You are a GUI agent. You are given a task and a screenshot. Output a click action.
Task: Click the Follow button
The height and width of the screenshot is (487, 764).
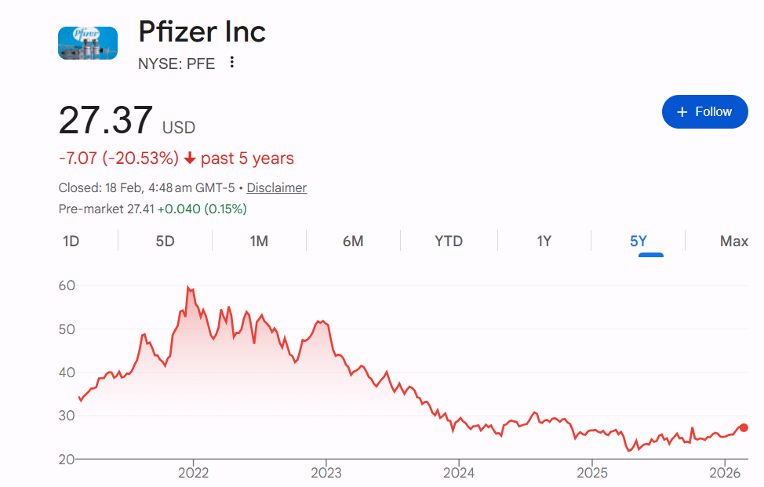pyautogui.click(x=704, y=112)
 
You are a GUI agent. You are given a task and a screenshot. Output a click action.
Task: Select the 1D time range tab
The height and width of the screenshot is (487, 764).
pyautogui.click(x=71, y=242)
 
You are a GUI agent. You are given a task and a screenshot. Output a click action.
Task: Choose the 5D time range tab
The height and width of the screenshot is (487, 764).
pyautogui.click(x=165, y=242)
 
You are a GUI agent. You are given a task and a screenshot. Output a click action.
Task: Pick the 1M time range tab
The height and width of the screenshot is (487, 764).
pyautogui.click(x=259, y=242)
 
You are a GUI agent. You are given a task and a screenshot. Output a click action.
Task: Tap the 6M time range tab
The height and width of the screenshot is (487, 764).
pyautogui.click(x=353, y=242)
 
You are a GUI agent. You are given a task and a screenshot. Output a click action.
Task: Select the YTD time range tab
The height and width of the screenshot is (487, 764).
pyautogui.click(x=449, y=242)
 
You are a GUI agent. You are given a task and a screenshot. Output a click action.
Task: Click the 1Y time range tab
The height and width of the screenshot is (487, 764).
pyautogui.click(x=544, y=242)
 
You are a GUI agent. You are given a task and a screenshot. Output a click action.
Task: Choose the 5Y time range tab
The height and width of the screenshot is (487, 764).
pyautogui.click(x=638, y=242)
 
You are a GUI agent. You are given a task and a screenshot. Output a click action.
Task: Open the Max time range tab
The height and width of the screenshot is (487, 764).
pyautogui.click(x=733, y=242)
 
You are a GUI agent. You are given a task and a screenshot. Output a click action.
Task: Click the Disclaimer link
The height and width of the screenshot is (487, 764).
pyautogui.click(x=277, y=188)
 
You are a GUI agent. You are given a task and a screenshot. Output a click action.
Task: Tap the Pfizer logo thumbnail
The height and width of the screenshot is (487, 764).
pyautogui.click(x=88, y=43)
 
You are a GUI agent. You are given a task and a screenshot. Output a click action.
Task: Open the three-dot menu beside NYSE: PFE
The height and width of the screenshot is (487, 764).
pyautogui.click(x=231, y=63)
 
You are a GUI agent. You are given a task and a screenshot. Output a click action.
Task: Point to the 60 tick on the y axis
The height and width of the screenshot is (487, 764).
pyautogui.click(x=67, y=285)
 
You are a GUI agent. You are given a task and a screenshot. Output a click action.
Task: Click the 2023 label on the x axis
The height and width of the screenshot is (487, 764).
pyautogui.click(x=326, y=473)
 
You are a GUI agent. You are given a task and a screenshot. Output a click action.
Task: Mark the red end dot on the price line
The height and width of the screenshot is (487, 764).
pyautogui.click(x=744, y=427)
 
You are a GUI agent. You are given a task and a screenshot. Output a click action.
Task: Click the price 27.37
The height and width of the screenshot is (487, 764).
pyautogui.click(x=106, y=122)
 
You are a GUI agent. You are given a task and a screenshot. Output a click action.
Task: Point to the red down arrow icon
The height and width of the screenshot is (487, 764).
pyautogui.click(x=190, y=159)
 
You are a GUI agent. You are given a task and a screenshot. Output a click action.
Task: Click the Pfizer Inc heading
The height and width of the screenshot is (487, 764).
pyautogui.click(x=202, y=32)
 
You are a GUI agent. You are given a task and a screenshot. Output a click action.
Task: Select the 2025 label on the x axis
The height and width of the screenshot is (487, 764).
pyautogui.click(x=591, y=473)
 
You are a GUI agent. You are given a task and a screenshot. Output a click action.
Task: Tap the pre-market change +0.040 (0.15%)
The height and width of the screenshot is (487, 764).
pyautogui.click(x=202, y=209)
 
